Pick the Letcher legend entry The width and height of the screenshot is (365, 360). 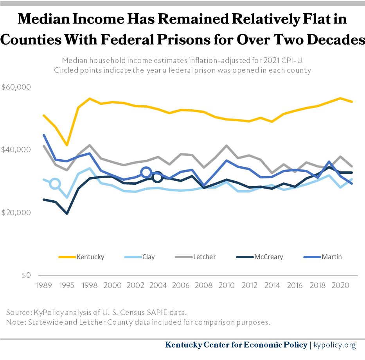204,257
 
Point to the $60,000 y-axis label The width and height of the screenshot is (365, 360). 16,87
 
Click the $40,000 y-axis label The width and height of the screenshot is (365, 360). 16,150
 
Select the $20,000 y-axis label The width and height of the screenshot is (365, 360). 16,213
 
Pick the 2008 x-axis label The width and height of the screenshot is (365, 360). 203,286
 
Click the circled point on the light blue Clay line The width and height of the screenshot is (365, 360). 55,184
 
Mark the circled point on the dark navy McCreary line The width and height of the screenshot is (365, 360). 157,177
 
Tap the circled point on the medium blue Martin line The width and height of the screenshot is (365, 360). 146,172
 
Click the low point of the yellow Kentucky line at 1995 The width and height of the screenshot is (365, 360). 67,146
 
